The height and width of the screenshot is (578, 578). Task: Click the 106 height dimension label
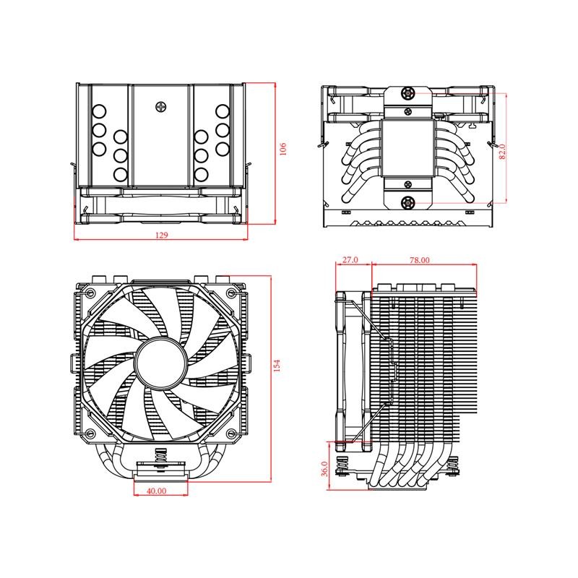tap(283, 148)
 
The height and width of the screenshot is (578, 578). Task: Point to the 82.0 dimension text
tap(502, 152)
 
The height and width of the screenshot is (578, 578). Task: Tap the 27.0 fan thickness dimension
tap(350, 259)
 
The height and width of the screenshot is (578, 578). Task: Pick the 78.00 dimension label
tap(420, 259)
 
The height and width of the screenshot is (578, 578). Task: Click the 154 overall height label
tap(276, 366)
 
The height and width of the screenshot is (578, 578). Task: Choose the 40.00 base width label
tap(157, 491)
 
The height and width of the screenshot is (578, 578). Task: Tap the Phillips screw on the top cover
tap(160, 106)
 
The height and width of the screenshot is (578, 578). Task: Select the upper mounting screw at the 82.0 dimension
tap(408, 93)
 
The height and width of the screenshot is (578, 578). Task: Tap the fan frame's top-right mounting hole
tap(230, 293)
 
